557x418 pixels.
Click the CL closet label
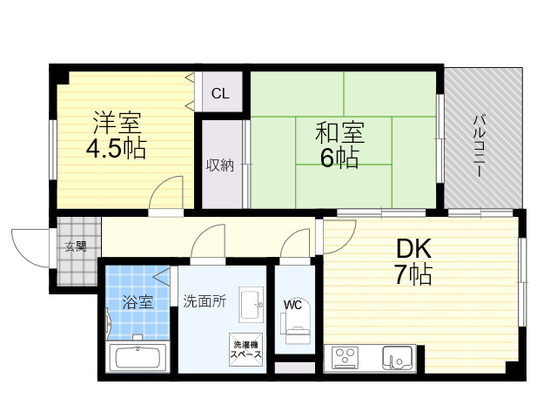pos(220,93)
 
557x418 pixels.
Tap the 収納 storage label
pos(220,165)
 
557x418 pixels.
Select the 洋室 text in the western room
pos(117,123)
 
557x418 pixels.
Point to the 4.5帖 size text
pos(116,148)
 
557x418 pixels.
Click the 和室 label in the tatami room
pos(339,132)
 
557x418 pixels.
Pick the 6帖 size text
pos(339,158)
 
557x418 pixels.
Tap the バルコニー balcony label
pos(479,145)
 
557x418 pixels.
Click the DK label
pos(413,249)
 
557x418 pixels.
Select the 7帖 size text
pos(413,274)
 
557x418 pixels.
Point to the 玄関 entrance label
pos(76,246)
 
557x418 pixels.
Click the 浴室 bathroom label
pos(138,302)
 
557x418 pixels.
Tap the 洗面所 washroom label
pos(205,301)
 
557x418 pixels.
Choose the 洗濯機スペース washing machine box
pos(245,349)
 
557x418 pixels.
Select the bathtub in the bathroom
pos(138,358)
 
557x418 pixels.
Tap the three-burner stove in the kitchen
pos(346,357)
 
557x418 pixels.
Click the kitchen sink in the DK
pos(397,357)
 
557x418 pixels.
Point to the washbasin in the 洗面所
pos(252,304)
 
